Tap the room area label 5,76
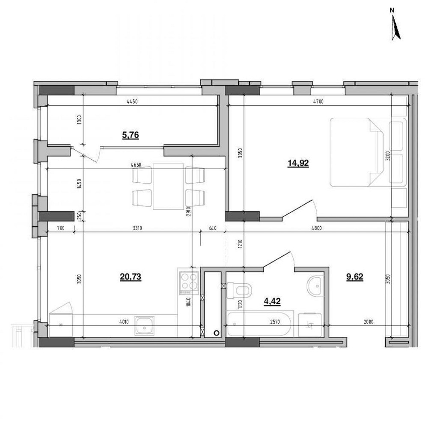(x=131, y=135)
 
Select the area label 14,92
(x=298, y=163)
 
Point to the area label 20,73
(x=131, y=277)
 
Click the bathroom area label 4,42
(x=272, y=301)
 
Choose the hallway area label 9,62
(x=354, y=277)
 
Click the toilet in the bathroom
(x=239, y=290)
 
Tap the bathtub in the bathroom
(x=259, y=324)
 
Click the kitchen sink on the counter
(x=144, y=326)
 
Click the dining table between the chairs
(x=168, y=187)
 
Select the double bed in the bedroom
(x=368, y=152)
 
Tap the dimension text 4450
(x=132, y=102)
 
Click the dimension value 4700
(x=318, y=102)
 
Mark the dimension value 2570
(x=275, y=322)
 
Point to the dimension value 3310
(x=137, y=228)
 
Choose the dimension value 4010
(x=124, y=322)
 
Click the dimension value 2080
(x=369, y=322)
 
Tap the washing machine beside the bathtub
(x=309, y=325)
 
